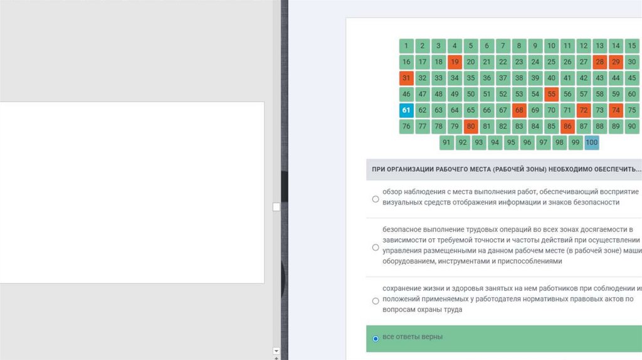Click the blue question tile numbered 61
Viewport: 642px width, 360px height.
tap(406, 110)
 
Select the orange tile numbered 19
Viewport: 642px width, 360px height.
tap(455, 62)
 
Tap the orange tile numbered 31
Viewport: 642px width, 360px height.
tap(406, 78)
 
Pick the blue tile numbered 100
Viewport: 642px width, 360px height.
tap(592, 142)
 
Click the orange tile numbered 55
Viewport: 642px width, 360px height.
tap(552, 94)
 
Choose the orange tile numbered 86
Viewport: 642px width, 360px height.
tap(567, 127)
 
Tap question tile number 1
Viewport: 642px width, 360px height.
tap(406, 46)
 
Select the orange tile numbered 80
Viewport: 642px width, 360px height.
tap(471, 127)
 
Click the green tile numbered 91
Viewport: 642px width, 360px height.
tap(446, 142)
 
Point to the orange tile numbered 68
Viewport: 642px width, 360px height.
tap(519, 110)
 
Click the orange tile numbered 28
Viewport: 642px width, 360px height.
tap(600, 62)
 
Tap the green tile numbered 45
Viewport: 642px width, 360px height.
tap(632, 78)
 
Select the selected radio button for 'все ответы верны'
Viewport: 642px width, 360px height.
tap(376, 339)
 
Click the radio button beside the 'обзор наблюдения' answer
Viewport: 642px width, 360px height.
tap(376, 199)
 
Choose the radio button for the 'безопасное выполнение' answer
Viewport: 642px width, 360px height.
tap(376, 247)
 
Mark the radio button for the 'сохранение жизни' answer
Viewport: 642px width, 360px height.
tap(376, 301)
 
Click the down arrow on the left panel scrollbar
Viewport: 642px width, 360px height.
tap(276, 351)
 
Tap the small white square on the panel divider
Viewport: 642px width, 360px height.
tap(276, 207)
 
